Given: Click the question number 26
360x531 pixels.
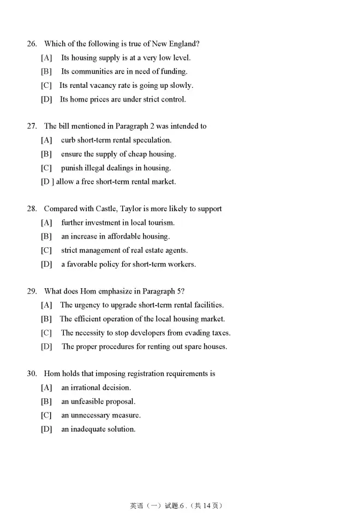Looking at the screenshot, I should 31,44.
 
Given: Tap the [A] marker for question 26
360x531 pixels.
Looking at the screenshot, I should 46,57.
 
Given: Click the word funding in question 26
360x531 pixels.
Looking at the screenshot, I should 174,71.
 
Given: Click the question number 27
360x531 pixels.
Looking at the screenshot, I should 31,126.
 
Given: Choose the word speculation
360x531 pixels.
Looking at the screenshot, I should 151,140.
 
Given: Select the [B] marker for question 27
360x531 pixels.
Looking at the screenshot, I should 46,154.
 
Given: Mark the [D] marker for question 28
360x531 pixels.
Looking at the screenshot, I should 46,264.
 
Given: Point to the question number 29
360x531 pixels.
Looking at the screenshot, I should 31,291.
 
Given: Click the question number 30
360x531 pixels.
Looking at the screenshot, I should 31,374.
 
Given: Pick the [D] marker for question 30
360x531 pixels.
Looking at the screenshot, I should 46,429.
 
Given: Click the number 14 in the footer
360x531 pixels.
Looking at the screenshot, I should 206,505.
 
